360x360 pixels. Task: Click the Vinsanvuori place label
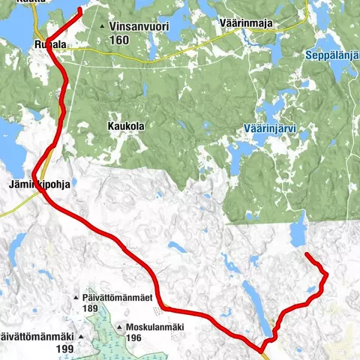(139, 26)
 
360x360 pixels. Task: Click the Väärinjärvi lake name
(271, 129)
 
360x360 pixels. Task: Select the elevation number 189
(91, 308)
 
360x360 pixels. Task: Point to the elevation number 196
(133, 338)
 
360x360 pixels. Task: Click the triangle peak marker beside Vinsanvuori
(103, 27)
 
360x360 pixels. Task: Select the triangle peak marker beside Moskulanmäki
(121, 328)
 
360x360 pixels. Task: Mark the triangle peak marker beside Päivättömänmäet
(76, 298)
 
